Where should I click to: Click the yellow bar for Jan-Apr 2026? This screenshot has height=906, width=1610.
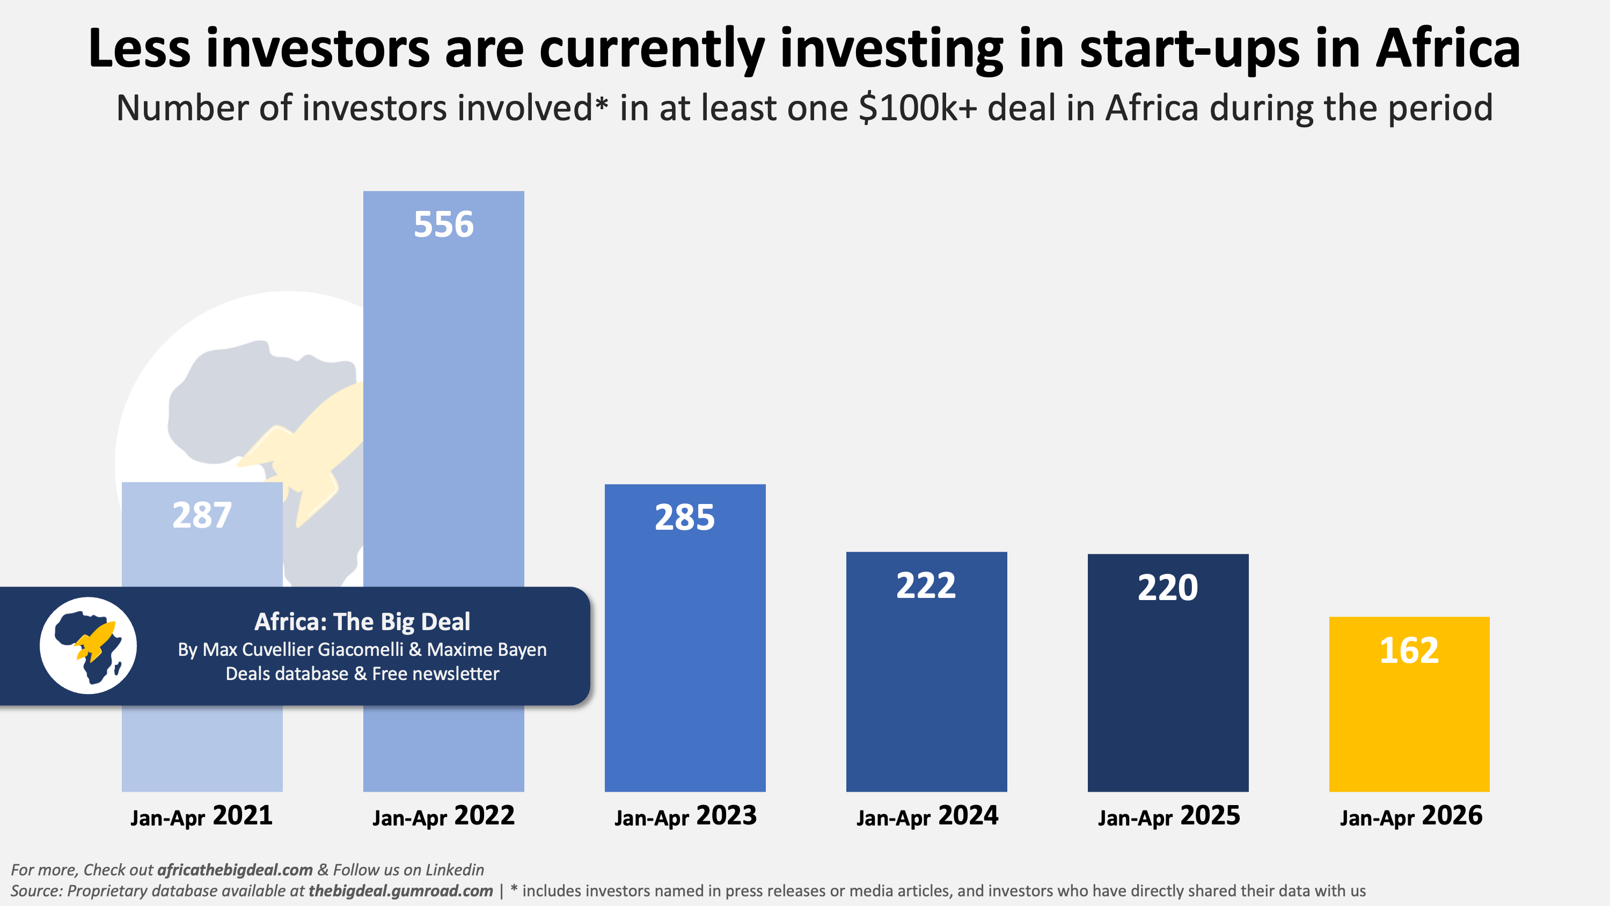tap(1409, 704)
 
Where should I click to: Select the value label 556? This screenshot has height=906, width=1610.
tap(444, 224)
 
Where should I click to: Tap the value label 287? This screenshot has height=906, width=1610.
tap(202, 515)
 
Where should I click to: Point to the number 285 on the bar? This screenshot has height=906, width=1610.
tap(685, 518)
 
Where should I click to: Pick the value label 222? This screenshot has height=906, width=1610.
tap(926, 586)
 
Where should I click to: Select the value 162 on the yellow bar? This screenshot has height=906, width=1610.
tap(1409, 651)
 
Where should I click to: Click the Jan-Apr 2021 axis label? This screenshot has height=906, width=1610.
tap(201, 816)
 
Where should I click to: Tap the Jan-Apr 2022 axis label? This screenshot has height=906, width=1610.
tap(444, 816)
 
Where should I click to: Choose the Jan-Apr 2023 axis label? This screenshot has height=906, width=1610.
tap(686, 816)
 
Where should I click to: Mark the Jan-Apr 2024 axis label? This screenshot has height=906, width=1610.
tap(927, 816)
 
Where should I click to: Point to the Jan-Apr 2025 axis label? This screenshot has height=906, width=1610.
tap(1169, 816)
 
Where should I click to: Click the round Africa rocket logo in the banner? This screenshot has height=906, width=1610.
tap(88, 645)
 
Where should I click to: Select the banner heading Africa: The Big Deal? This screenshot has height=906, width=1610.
tap(362, 622)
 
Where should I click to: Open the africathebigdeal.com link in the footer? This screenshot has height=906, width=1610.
tap(235, 870)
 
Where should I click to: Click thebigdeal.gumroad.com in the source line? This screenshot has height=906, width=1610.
tap(401, 890)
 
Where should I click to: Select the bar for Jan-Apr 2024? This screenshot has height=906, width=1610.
tap(926, 672)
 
